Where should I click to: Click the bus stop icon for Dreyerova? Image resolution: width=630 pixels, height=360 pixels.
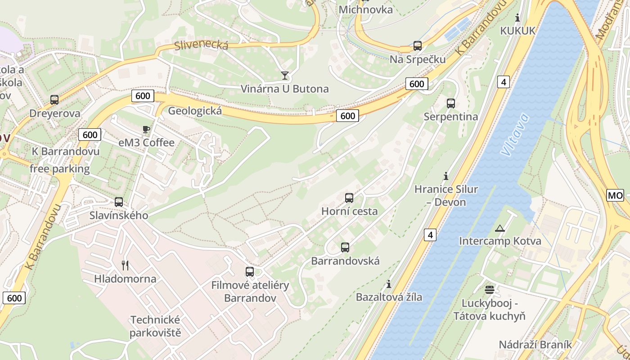point(54,100)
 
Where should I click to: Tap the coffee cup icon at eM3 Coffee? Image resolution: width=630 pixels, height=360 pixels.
point(146,130)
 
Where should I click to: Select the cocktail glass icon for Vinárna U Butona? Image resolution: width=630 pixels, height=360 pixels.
point(284,75)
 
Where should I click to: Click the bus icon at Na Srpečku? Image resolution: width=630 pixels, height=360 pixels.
point(417,46)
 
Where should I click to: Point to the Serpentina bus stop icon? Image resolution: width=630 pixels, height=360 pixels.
point(451,103)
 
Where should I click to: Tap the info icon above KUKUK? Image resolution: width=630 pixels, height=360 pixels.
point(517,18)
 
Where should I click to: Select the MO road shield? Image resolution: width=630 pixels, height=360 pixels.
point(615,195)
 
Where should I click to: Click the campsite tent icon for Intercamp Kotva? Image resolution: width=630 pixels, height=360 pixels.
point(499,228)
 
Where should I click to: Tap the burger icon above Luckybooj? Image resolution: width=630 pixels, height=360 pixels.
point(490,289)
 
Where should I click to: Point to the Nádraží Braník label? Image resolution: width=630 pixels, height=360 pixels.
point(535,345)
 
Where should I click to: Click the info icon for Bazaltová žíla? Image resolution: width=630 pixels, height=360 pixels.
point(389,284)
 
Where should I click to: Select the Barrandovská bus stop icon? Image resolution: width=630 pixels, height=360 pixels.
point(345,247)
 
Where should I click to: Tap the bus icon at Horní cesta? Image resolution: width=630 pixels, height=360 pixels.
point(349,198)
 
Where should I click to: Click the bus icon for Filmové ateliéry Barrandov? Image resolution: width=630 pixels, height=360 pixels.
point(250,272)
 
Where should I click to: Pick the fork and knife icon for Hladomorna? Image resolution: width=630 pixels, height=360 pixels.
point(125,265)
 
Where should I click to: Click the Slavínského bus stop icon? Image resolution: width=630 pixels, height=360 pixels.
point(119,202)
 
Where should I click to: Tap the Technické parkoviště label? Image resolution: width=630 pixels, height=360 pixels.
point(155,326)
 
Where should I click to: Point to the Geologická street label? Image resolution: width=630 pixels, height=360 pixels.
point(195,111)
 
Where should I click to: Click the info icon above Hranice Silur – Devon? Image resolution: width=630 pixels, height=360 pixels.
point(446,175)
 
